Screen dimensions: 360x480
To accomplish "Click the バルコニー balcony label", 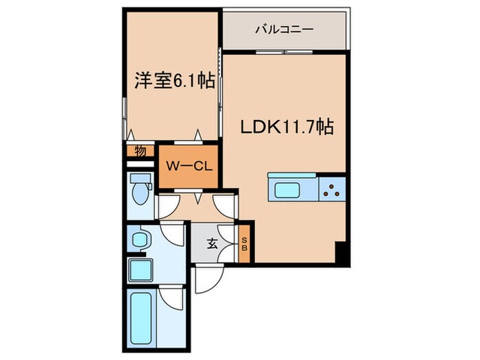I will (284, 29).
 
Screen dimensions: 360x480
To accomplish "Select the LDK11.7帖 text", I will (286, 127).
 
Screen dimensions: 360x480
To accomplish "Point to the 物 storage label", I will (140, 152).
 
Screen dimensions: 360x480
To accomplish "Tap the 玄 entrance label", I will (213, 243).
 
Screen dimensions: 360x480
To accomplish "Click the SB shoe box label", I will (243, 243).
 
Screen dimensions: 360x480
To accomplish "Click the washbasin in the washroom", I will (141, 240).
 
